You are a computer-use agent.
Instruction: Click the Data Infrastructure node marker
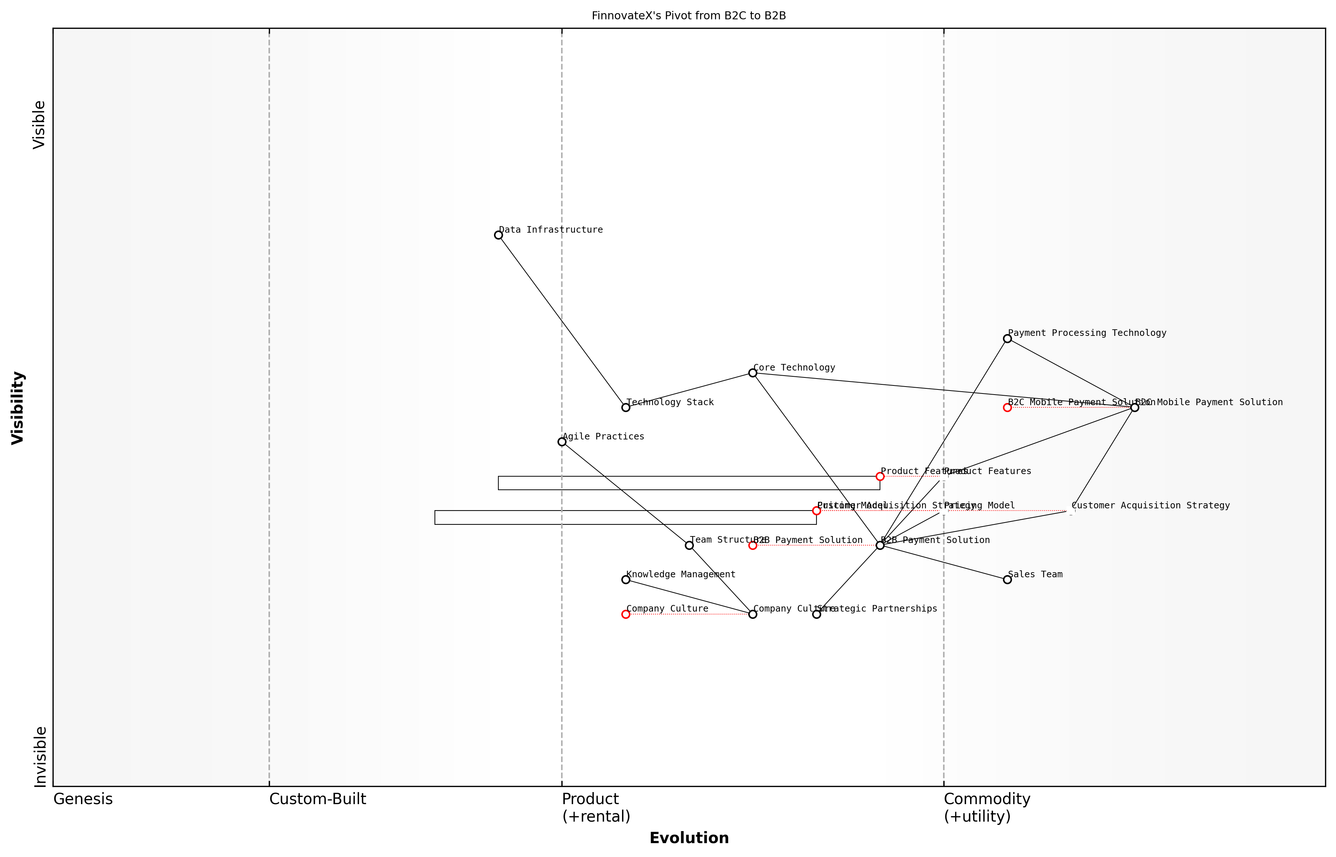(x=498, y=235)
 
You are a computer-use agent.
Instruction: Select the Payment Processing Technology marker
(x=1007, y=338)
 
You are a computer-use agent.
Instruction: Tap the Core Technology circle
(x=753, y=373)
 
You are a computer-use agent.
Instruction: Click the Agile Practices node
(x=562, y=442)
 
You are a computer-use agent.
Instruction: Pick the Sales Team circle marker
(x=1007, y=580)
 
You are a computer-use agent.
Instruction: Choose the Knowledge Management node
(x=626, y=580)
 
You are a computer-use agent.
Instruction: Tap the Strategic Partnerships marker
(x=816, y=614)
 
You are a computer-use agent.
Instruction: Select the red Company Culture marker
(x=626, y=614)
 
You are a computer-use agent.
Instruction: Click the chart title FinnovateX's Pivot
(x=688, y=16)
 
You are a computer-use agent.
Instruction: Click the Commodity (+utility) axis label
(x=986, y=807)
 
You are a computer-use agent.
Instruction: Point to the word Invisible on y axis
(x=40, y=756)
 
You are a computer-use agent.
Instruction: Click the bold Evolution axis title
(x=688, y=838)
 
